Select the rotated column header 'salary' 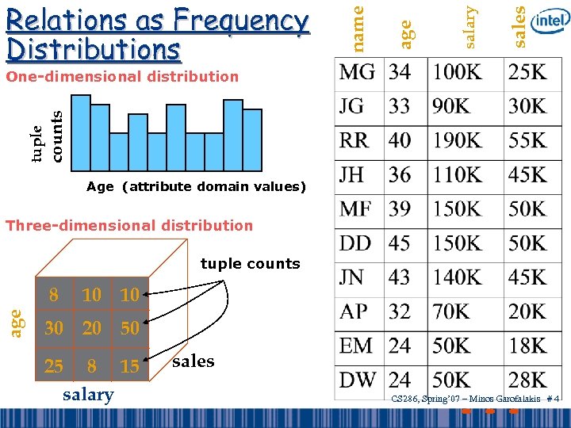click(x=470, y=26)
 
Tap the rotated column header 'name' click(x=358, y=26)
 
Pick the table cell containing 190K click(x=456, y=140)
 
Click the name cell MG click(x=357, y=72)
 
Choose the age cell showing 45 click(x=400, y=243)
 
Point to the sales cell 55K click(x=527, y=140)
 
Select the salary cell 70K click(x=451, y=311)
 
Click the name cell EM click(x=357, y=346)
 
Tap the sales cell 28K click(x=527, y=379)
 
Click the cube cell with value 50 click(x=128, y=328)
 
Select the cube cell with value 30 click(x=54, y=328)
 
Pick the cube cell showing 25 click(x=54, y=366)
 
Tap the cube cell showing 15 click(x=128, y=366)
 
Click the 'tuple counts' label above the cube click(x=250, y=264)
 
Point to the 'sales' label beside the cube click(x=193, y=361)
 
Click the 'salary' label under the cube click(x=87, y=395)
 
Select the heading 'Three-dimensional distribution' click(x=129, y=225)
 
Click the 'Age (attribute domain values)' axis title click(x=196, y=187)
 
